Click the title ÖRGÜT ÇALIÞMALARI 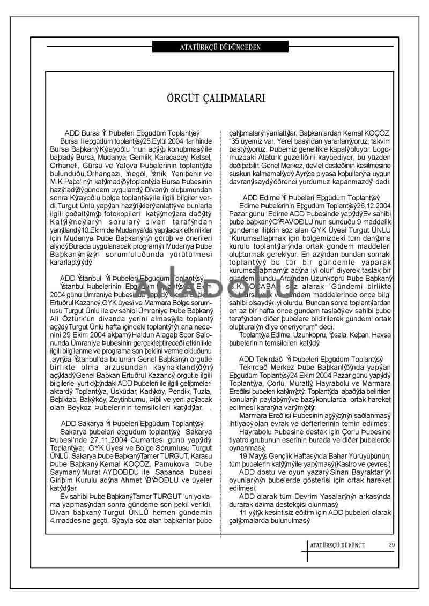pos(214,99)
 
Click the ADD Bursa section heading pos(132,133)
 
